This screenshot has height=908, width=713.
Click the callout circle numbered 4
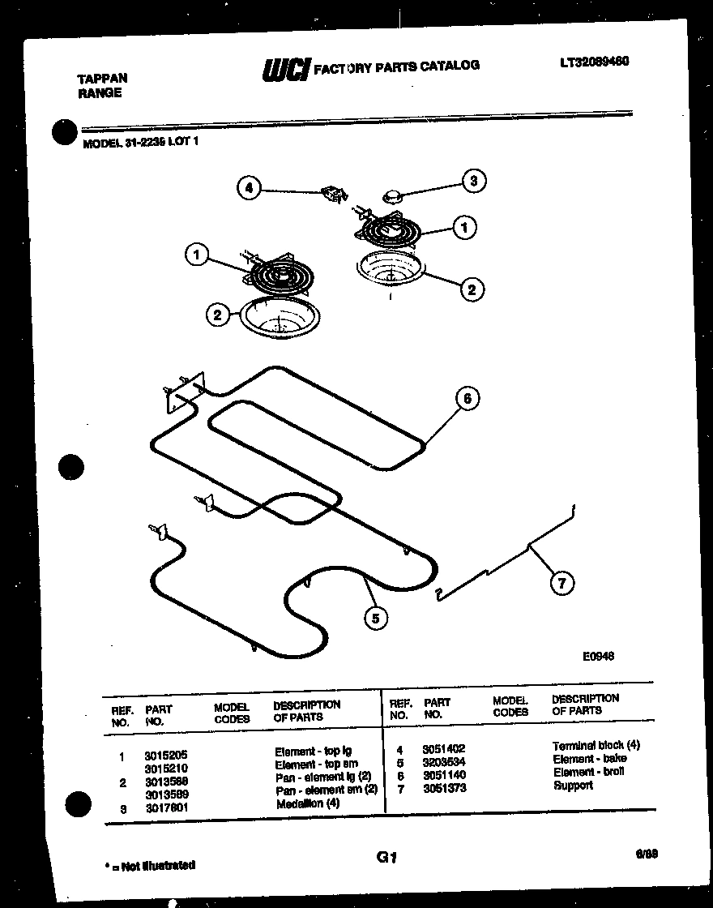tap(250, 188)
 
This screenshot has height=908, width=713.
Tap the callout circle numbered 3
tap(474, 181)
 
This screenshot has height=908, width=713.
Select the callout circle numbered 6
tap(467, 398)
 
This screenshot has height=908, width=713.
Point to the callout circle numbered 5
tap(374, 619)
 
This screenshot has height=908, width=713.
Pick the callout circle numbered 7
tap(561, 582)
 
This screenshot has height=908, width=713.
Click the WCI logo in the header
tap(285, 70)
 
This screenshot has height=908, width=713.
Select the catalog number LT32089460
tap(594, 62)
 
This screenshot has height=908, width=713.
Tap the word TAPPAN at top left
tap(101, 79)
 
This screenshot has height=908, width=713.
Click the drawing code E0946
tap(597, 657)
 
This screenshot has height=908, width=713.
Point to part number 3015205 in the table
tap(165, 754)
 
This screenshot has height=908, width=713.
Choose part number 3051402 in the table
tap(443, 749)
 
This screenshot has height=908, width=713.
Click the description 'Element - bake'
tap(589, 759)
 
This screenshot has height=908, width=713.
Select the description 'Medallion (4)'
tap(308, 803)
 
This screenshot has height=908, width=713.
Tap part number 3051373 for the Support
tap(443, 788)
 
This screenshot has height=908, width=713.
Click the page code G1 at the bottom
tap(386, 857)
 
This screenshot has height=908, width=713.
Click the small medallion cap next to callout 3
tap(393, 195)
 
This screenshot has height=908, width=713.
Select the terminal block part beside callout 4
tap(332, 194)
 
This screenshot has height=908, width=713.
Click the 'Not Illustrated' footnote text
tap(152, 865)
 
